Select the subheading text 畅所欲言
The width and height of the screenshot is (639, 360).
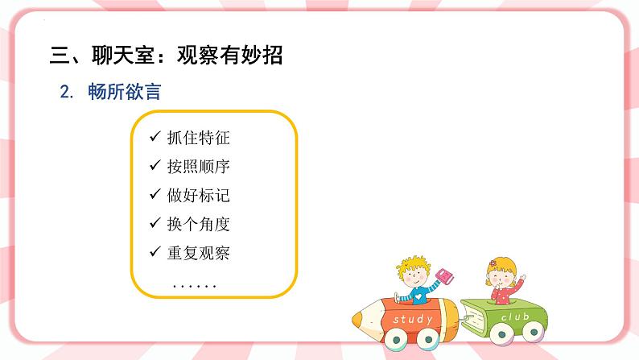pos(126,92)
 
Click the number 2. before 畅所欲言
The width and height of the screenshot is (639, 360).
pos(67,92)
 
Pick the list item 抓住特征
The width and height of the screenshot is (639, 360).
pos(198,138)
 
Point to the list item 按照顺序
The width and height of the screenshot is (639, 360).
pos(198,167)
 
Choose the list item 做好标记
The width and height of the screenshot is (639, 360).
pos(198,196)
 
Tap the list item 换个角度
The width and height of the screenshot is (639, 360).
pos(198,224)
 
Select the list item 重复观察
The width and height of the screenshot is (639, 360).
pos(198,253)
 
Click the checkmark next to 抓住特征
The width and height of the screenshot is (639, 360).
pos(155,138)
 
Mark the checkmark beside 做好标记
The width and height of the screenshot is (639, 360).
pos(155,196)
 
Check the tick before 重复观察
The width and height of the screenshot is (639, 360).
pos(155,253)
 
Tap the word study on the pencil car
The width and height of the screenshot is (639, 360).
pos(413,320)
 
